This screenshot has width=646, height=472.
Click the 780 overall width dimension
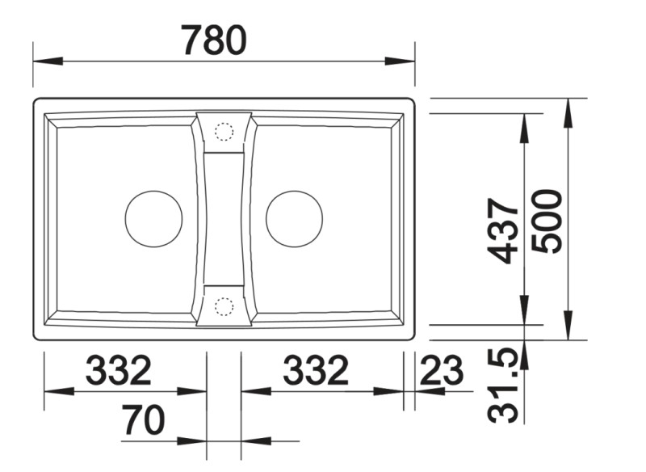pos(213,40)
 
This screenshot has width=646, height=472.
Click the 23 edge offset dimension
pos(442,371)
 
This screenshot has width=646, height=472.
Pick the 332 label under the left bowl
pos(119,371)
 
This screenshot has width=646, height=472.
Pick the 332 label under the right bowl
pos(315,371)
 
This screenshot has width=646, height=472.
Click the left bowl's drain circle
pos(153,219)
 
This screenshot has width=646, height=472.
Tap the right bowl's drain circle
pos(294,219)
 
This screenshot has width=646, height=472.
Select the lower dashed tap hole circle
pos(224,306)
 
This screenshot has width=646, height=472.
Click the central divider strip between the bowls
pos(224,218)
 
